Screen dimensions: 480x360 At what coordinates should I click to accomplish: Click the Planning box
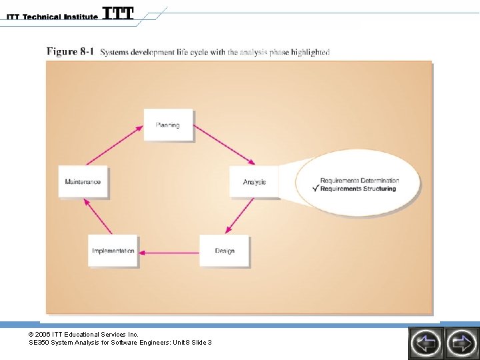point(168,125)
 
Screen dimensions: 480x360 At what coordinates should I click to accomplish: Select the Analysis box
point(254,181)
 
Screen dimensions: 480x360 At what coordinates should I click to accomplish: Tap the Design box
point(225,251)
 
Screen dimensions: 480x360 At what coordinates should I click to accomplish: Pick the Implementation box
point(113,251)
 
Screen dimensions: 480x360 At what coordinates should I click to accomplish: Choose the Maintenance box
point(83,181)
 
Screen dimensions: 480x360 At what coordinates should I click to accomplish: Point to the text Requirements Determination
point(359,181)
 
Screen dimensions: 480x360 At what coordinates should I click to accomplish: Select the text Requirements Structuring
point(358,189)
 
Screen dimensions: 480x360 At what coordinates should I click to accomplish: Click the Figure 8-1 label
point(70,52)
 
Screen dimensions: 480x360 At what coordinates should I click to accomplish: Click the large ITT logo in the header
point(118,13)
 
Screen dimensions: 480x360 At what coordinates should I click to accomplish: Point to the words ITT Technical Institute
point(52,17)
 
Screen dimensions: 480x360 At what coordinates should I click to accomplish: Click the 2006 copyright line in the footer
point(83,334)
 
